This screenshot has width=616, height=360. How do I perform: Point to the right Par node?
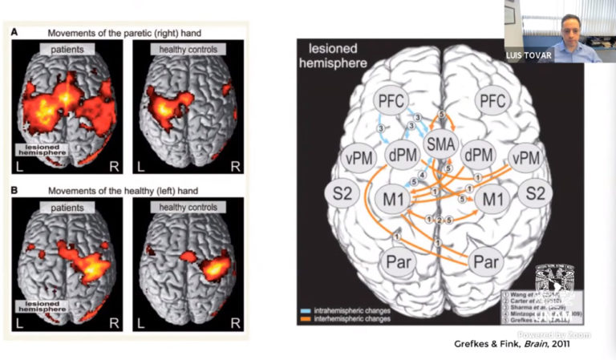point(485,261)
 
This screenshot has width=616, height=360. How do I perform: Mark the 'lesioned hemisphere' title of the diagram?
point(329,56)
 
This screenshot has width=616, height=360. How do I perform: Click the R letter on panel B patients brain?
point(115,323)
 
